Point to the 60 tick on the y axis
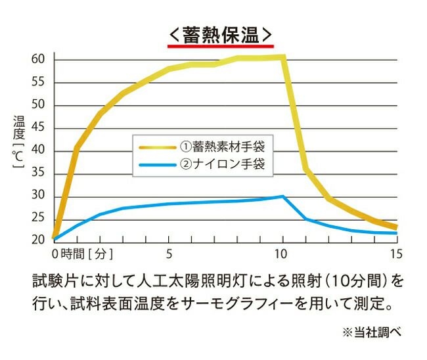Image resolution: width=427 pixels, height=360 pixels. pyautogui.click(x=37, y=60)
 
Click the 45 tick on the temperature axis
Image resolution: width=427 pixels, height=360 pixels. pyautogui.click(x=37, y=128)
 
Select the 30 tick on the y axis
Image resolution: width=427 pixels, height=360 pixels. pyautogui.click(x=37, y=195)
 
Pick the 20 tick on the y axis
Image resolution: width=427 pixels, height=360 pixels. pyautogui.click(x=37, y=240)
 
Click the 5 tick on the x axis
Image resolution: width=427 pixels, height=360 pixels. pyautogui.click(x=169, y=253)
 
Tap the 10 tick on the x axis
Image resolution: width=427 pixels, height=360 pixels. pyautogui.click(x=282, y=253)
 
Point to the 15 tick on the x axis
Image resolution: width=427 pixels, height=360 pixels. pyautogui.click(x=395, y=253)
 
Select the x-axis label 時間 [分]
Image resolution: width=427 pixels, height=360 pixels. pyautogui.click(x=87, y=253)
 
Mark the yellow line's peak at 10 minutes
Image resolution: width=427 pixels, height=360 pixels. pyautogui.click(x=283, y=57)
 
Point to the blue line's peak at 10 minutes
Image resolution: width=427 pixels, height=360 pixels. pyautogui.click(x=282, y=196)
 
